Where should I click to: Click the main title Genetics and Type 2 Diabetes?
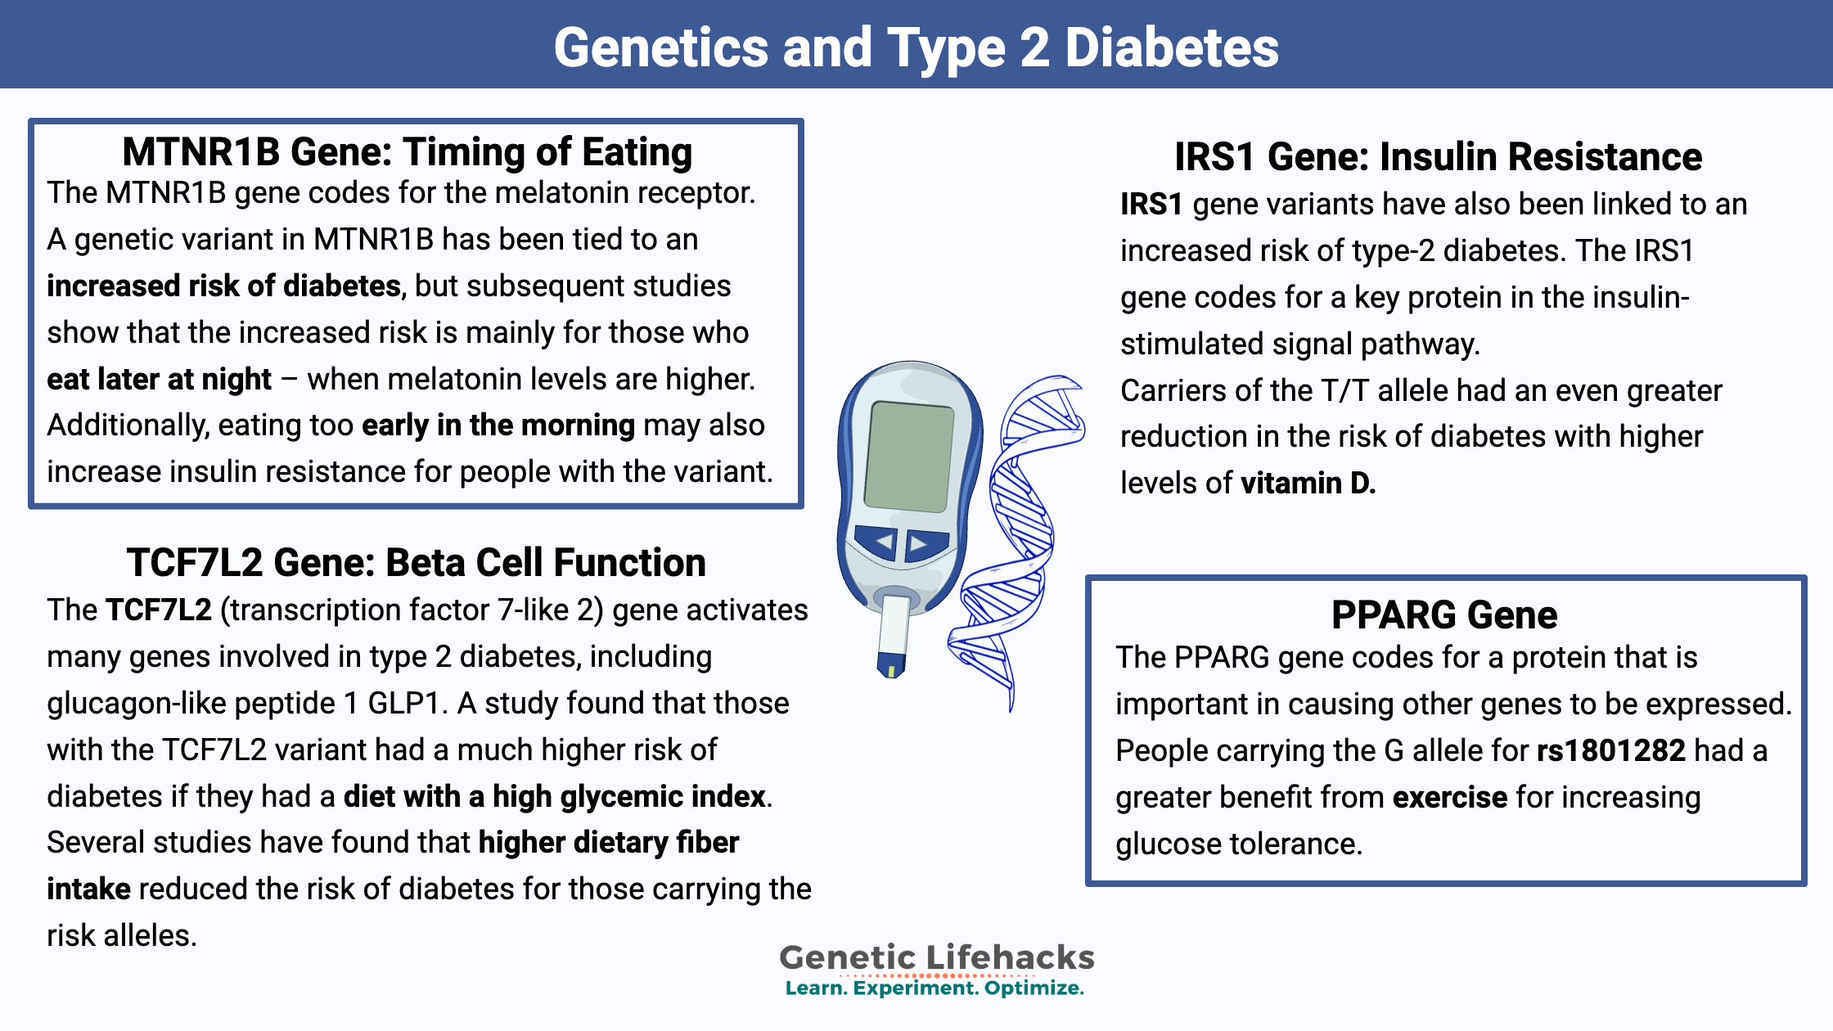point(916,47)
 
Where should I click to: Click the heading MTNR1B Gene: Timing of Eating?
point(408,152)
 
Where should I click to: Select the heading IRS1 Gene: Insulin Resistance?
point(1438,156)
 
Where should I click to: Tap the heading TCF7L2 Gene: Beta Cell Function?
point(416,562)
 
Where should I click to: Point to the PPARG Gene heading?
point(1444,615)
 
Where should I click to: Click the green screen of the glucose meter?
point(908,456)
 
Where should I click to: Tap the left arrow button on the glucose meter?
point(877,542)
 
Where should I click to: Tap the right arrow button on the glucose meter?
point(926,543)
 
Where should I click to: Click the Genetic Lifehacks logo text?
point(936,957)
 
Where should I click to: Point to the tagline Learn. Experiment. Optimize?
point(935,988)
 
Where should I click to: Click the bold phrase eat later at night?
point(159,379)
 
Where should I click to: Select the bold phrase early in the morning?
point(498,425)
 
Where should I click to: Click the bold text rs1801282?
point(1611,750)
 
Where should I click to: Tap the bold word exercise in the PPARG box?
point(1450,797)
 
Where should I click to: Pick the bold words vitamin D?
point(1308,483)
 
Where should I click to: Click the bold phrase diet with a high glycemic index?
point(555,796)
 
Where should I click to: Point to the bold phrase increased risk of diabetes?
point(223,286)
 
